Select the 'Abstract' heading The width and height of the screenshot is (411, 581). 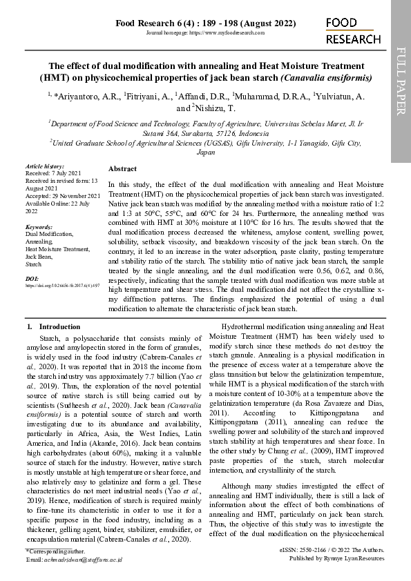coord(122,168)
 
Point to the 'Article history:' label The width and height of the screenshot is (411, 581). coord(44,166)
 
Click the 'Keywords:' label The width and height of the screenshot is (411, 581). coord(39,227)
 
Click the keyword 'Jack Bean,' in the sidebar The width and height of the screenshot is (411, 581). coord(39,256)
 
